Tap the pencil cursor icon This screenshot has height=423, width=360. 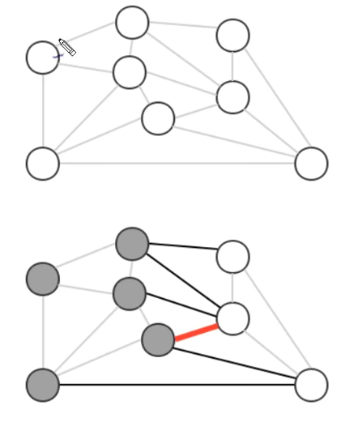coord(66,47)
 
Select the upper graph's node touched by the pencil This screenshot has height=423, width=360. coord(42,57)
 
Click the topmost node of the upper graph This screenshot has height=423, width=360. coord(132,23)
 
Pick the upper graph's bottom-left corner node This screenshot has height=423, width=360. coord(42,163)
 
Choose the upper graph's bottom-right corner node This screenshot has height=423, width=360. coord(311,163)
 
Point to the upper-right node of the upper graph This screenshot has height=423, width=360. coord(232,36)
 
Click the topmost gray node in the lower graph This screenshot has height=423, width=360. coord(132,243)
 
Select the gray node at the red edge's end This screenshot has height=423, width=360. coord(158,340)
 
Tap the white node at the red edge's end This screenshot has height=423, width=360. coord(232,318)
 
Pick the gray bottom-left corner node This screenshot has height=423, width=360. coord(42,385)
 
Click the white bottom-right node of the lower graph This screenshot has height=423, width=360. coord(311,385)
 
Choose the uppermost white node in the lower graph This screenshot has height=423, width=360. coord(232,257)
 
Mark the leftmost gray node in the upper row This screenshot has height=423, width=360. coord(42,278)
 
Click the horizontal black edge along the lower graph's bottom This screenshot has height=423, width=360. coord(179,385)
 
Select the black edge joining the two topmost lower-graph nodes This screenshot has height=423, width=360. coord(182,250)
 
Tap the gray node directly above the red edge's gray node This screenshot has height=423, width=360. coord(130,293)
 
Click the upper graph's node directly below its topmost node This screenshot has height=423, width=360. coord(130,72)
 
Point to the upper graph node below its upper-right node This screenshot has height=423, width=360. coord(232,96)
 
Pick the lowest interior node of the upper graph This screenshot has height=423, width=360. coord(158,118)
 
